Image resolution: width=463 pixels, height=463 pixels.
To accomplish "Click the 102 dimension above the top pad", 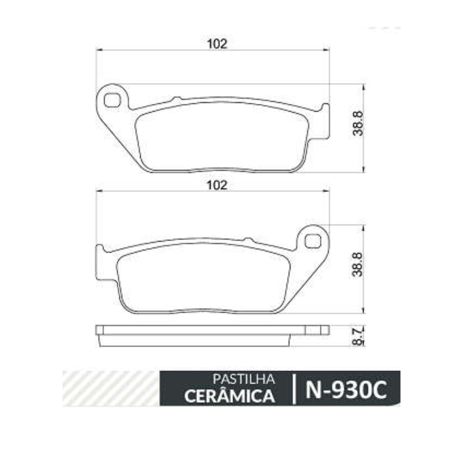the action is coord(217,44).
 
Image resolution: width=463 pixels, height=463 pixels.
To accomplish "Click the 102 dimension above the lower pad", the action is coord(217,185).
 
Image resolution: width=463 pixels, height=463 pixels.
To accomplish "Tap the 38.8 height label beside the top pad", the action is coord(358,123).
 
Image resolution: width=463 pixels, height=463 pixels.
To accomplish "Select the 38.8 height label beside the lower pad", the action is coord(358,265).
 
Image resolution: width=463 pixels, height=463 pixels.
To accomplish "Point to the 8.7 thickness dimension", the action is coord(358,337).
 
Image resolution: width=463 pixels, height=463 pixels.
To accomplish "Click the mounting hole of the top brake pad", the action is coord(112,100).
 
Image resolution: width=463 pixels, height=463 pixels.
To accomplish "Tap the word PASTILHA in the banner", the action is coord(243,379).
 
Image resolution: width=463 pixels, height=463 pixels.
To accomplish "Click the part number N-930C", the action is coord(346,389).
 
